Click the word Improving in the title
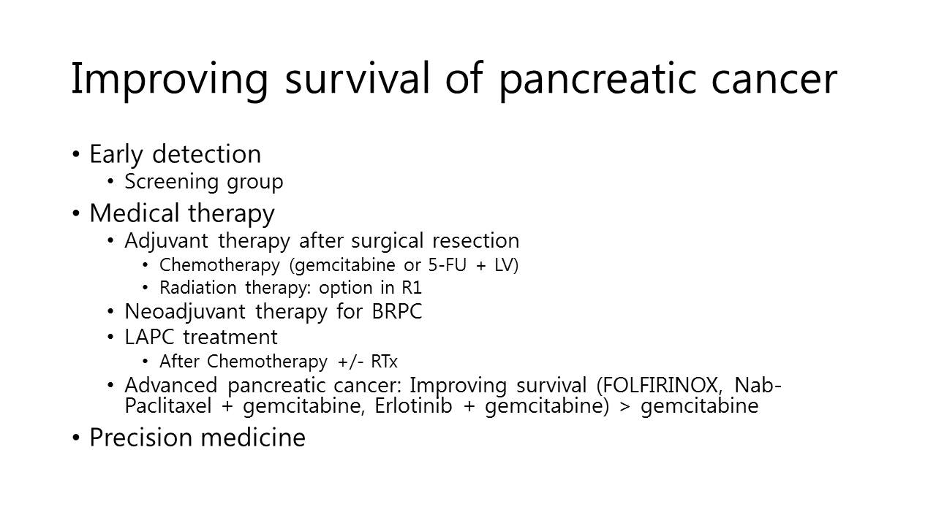[x=170, y=80]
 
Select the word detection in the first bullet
[x=206, y=154]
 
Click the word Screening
[x=171, y=182]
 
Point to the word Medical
[x=134, y=213]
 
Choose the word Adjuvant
[x=166, y=241]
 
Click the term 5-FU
[x=447, y=264]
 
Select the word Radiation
[x=198, y=287]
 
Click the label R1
[x=412, y=287]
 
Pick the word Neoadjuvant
[x=185, y=312]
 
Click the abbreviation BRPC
[x=396, y=311]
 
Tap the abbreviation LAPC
[x=149, y=337]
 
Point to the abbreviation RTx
[x=384, y=361]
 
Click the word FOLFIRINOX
[x=658, y=385]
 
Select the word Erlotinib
[x=413, y=405]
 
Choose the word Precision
[x=140, y=437]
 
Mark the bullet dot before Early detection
[x=75, y=154]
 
